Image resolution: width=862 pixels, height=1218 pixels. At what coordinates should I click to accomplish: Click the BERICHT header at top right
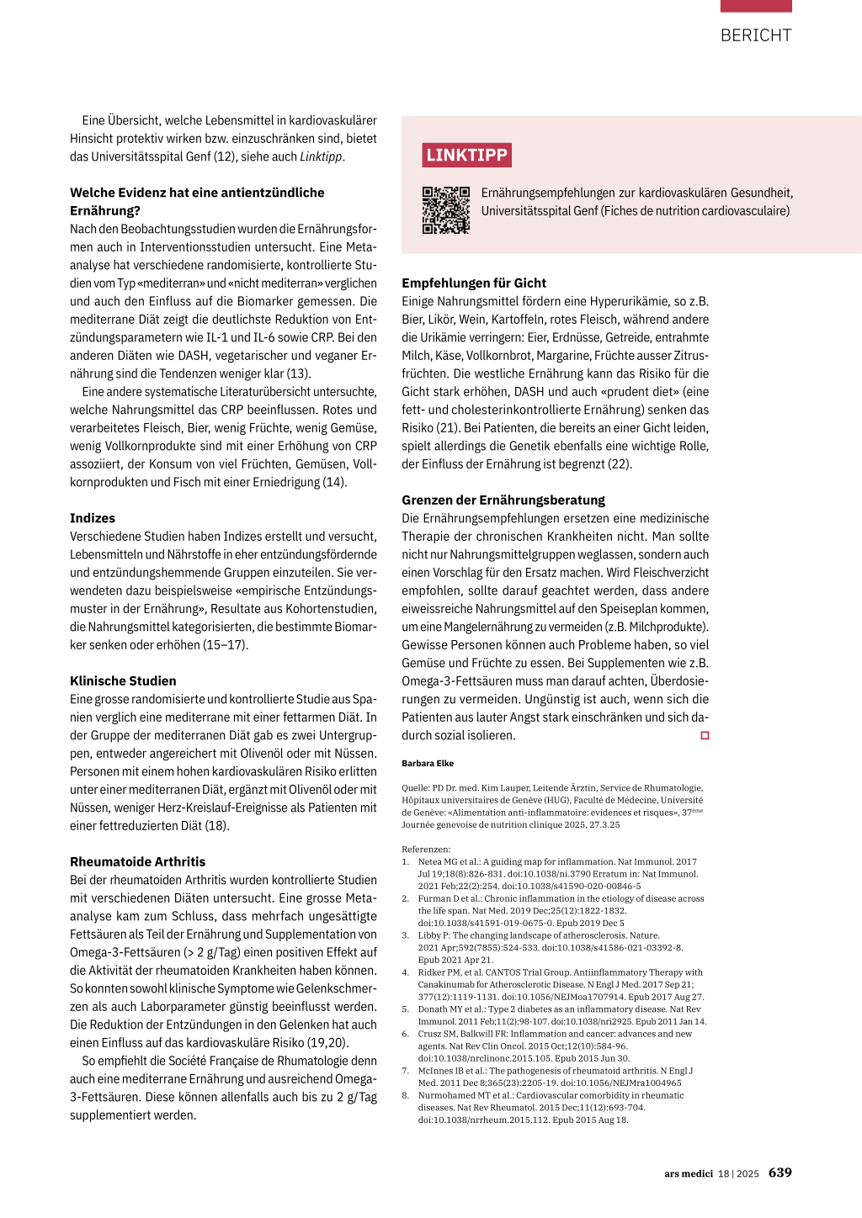click(x=755, y=35)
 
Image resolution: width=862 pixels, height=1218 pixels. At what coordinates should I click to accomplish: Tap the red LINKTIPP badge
click(x=466, y=156)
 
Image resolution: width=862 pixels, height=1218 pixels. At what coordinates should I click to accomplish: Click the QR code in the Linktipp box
click(x=445, y=210)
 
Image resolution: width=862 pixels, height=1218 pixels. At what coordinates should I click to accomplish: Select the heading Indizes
click(x=93, y=518)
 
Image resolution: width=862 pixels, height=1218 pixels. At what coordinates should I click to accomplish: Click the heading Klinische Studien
click(x=123, y=680)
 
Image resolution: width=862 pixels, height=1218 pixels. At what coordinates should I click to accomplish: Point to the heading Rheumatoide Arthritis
click(x=137, y=861)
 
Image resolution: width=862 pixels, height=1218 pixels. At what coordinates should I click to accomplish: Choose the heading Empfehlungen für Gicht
click(x=474, y=283)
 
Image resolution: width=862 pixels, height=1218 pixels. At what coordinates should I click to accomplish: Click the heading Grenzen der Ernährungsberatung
click(x=503, y=500)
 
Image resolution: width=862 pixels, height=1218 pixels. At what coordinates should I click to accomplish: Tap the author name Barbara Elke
click(x=428, y=764)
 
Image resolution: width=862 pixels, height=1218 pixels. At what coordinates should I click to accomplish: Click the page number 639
click(x=780, y=1173)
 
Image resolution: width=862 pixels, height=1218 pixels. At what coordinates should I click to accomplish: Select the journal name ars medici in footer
click(x=688, y=1173)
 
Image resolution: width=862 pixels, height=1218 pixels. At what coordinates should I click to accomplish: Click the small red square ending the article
click(x=705, y=735)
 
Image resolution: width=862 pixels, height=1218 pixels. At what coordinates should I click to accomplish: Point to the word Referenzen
click(x=425, y=850)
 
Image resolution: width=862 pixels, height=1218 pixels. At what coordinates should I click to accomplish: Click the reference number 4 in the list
click(x=405, y=972)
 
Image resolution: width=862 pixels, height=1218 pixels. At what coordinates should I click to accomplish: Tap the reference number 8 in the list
click(x=405, y=1095)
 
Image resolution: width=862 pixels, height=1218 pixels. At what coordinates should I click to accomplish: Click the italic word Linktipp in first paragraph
click(x=321, y=156)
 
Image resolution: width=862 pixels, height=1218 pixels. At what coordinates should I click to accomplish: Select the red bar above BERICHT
click(x=756, y=6)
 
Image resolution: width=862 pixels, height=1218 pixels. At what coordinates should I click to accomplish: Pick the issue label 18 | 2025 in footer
click(x=738, y=1173)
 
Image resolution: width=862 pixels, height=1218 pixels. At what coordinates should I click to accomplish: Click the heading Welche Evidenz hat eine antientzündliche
click(x=197, y=193)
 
